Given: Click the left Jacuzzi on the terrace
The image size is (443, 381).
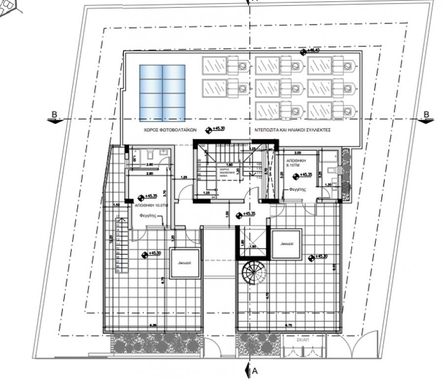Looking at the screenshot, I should click(185, 264).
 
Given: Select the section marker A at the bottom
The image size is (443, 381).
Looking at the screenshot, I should click(254, 370).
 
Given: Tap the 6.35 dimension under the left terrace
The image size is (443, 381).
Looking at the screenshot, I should click(153, 325).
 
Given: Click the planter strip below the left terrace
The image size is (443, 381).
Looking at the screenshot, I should click(157, 343).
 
